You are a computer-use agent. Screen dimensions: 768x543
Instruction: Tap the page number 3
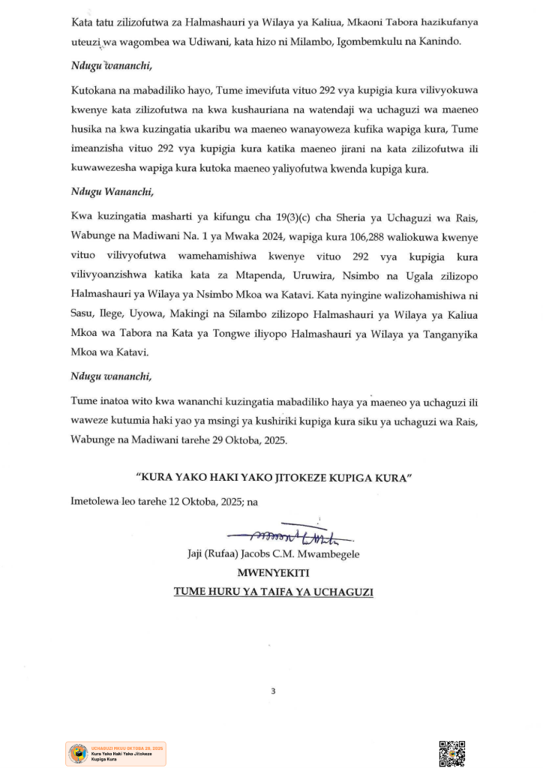click(x=273, y=691)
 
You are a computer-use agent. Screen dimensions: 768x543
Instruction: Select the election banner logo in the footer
click(x=115, y=754)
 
